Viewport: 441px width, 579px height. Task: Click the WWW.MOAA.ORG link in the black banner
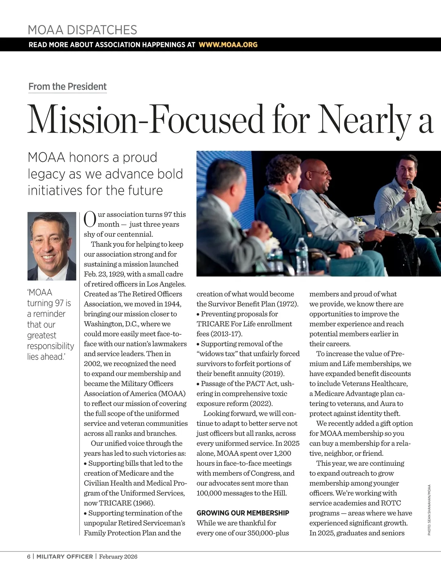[228, 45]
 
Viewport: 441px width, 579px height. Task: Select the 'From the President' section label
[67, 87]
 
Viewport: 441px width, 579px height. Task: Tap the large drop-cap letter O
[90, 219]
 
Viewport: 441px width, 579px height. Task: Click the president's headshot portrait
[51, 246]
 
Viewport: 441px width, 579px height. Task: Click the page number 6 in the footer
[29, 557]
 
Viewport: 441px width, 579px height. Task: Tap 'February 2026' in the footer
[118, 557]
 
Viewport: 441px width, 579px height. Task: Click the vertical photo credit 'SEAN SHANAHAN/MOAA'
[429, 510]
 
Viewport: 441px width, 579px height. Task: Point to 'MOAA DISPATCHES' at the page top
[82, 30]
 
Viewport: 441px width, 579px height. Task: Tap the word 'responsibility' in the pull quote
[50, 346]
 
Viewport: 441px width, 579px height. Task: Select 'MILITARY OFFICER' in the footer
[65, 557]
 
